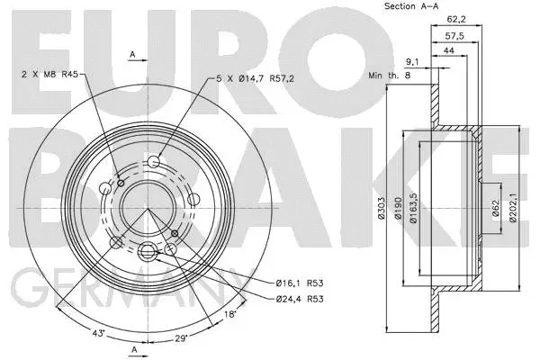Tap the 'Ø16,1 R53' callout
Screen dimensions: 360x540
(298, 283)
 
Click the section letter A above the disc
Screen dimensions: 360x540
(131, 55)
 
